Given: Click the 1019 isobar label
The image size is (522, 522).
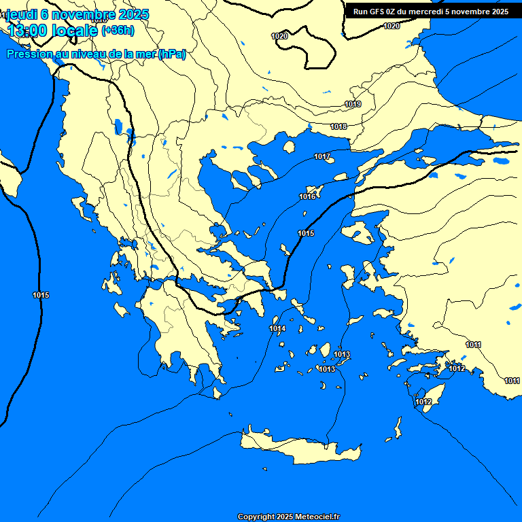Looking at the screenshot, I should click(x=353, y=104).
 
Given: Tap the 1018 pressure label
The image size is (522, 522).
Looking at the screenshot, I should click(x=338, y=127).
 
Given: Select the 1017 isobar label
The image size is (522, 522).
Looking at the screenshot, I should click(x=322, y=157).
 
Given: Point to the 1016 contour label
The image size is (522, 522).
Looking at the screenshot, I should click(x=307, y=196).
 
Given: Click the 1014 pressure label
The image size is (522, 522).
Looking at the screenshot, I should click(x=277, y=329).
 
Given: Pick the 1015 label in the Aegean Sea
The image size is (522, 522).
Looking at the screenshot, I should click(x=306, y=234).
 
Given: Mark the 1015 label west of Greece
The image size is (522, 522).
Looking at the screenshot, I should click(x=41, y=295).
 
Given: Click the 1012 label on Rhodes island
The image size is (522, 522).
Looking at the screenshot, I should click(x=423, y=402).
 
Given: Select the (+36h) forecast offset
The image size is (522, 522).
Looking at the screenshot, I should click(x=117, y=31).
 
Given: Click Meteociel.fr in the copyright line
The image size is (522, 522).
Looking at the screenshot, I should click(x=317, y=517).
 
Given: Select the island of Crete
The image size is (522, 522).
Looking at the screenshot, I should click(x=299, y=447).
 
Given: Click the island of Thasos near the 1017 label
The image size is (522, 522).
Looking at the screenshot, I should click(x=289, y=147).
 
